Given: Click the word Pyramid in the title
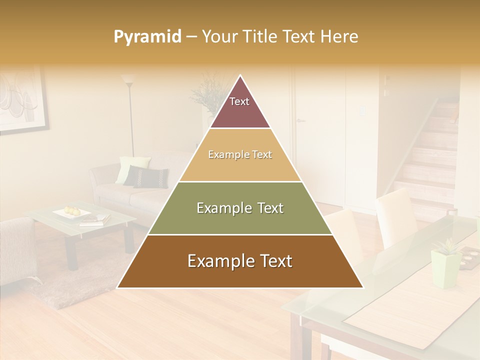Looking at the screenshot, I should pos(147,37).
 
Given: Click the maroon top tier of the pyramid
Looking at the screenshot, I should pos(240,107).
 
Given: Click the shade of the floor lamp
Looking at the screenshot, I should pos(128,79).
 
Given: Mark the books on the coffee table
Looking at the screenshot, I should pos(95,219).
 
